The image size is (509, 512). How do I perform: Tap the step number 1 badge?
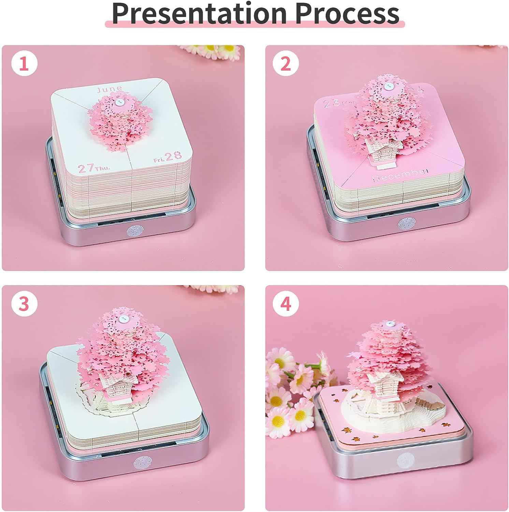point(24,63)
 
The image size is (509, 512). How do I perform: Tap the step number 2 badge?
point(286,63)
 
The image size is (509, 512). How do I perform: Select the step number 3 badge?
point(24,303)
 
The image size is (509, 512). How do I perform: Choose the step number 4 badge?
point(286,303)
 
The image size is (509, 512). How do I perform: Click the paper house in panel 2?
point(380,151)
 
